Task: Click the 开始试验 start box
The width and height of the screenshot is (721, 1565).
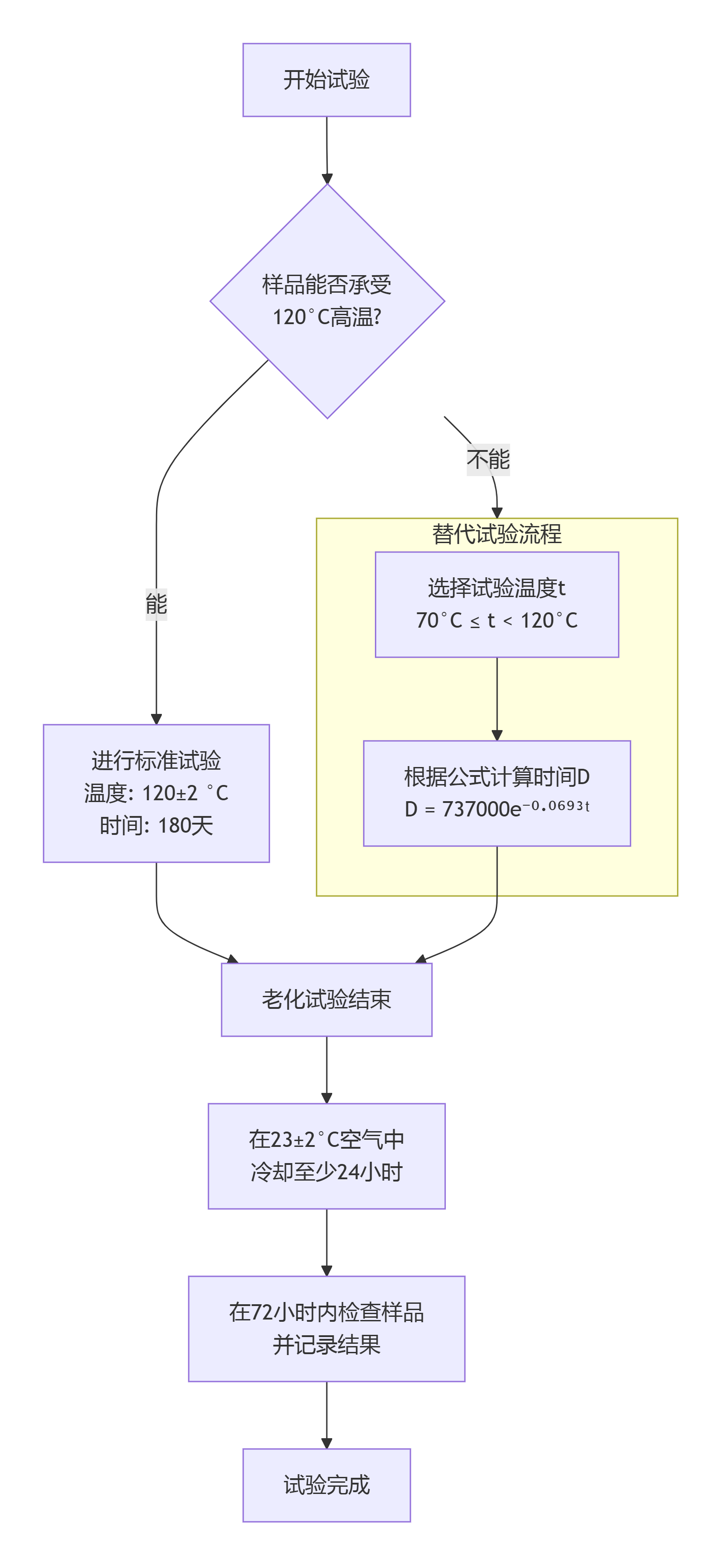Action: [326, 80]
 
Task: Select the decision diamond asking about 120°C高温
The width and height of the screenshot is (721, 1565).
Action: [327, 301]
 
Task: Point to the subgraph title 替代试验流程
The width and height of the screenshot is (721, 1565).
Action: [496, 534]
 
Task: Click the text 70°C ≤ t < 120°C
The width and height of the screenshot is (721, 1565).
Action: [496, 620]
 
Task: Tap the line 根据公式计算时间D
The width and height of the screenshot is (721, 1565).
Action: [496, 776]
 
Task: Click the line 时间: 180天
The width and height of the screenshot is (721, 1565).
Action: [156, 825]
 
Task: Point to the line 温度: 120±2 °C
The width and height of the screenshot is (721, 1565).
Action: [156, 793]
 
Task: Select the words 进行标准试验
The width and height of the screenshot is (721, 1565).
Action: [156, 761]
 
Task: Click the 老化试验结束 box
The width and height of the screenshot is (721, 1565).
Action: [326, 999]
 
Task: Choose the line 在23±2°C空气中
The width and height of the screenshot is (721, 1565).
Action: [326, 1140]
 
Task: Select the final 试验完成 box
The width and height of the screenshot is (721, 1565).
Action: [326, 1485]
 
